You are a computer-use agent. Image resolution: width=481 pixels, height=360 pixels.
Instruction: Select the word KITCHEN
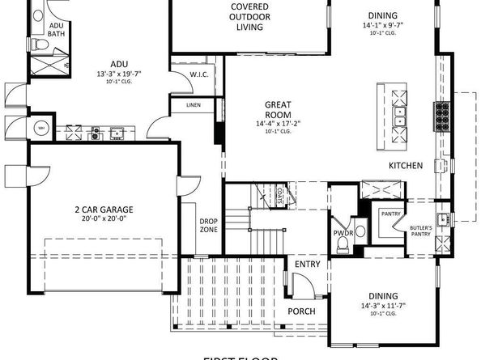406,166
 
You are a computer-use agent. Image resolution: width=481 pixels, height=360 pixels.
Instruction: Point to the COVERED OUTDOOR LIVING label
249,17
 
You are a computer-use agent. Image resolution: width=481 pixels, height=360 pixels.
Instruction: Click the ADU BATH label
56,30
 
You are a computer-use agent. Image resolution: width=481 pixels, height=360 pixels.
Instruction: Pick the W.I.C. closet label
200,74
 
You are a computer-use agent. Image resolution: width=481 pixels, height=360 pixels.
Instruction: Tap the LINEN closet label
193,105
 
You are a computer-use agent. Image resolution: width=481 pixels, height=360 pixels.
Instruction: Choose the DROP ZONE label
209,226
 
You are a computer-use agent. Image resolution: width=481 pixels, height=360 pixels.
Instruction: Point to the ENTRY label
307,265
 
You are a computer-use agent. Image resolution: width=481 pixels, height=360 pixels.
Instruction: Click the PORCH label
301,311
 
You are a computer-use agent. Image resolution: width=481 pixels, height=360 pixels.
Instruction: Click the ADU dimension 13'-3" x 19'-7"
119,74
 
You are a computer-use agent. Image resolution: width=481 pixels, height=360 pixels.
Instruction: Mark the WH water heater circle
39,127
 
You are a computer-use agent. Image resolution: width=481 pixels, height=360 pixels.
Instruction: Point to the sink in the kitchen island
399,121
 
